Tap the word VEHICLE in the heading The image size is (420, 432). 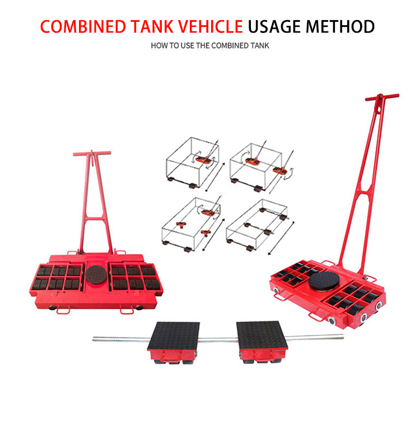pyautogui.click(x=210, y=26)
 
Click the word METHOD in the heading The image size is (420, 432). pyautogui.click(x=342, y=26)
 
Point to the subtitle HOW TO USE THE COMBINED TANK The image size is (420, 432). pyautogui.click(x=209, y=45)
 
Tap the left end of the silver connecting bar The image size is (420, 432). pyautogui.click(x=96, y=338)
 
